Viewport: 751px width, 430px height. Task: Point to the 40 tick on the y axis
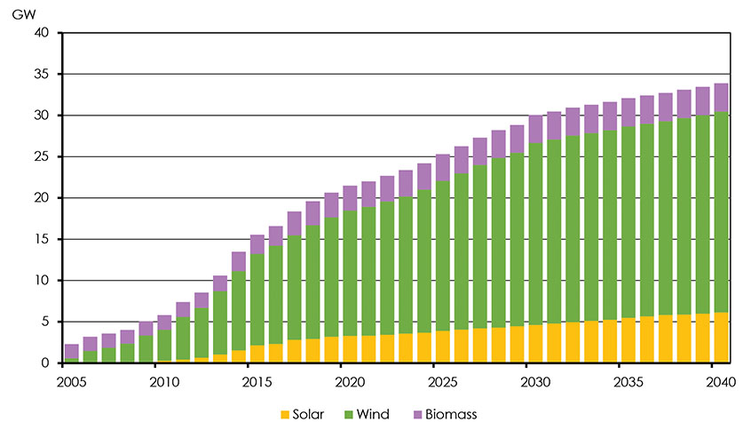point(45,33)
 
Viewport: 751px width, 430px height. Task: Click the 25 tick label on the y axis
point(45,157)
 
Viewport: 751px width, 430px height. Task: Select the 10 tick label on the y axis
point(45,281)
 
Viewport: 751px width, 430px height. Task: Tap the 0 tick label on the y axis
point(49,363)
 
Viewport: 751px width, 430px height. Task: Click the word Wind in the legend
point(376,414)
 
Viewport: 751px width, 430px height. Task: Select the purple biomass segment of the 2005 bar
point(72,352)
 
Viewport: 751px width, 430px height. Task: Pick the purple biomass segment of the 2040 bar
point(721,98)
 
